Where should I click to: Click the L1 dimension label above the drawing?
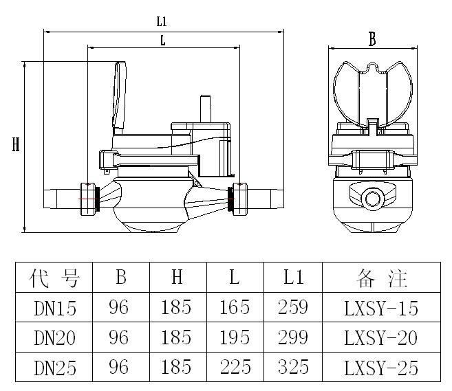coord(162,22)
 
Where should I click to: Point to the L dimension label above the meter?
coord(162,40)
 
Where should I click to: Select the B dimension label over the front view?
coord(372,39)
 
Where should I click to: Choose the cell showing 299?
coord(294,337)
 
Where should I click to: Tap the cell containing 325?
coord(294,368)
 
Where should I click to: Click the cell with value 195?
coord(235,337)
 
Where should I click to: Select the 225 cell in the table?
coord(235,368)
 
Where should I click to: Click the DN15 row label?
coord(55,308)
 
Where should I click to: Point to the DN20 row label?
coord(55,337)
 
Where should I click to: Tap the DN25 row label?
coord(55,368)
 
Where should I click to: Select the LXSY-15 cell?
coord(380,308)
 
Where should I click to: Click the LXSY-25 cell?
coord(380,368)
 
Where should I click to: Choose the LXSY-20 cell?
coord(380,337)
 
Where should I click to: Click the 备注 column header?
coord(381,278)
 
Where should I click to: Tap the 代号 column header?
coord(55,278)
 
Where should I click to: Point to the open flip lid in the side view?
coord(120,96)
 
